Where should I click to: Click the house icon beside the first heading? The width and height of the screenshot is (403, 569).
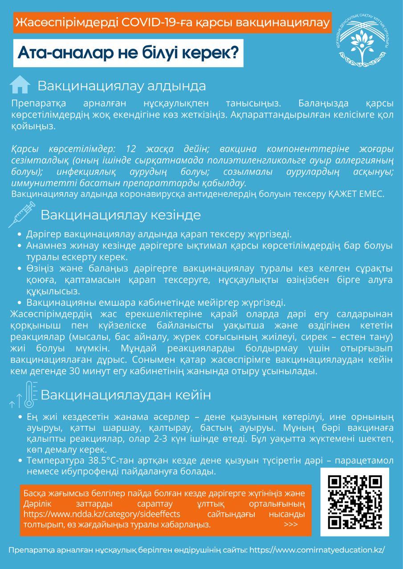click(20, 84)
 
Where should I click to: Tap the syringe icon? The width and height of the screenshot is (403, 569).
click(21, 215)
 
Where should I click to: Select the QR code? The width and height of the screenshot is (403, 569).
click(354, 501)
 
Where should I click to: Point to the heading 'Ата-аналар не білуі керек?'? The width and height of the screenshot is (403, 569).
click(127, 52)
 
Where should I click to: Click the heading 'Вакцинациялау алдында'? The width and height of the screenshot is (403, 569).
click(122, 85)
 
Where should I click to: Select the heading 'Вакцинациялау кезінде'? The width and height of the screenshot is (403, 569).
click(121, 215)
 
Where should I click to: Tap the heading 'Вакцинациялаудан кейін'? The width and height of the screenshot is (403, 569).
click(126, 395)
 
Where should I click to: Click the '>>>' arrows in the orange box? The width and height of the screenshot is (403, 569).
click(290, 524)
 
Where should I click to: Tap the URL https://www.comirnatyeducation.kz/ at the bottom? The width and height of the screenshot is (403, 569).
click(317, 550)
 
